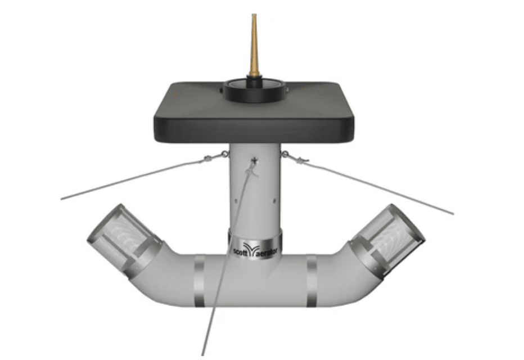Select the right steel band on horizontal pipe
311,281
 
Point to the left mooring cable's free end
62,199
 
